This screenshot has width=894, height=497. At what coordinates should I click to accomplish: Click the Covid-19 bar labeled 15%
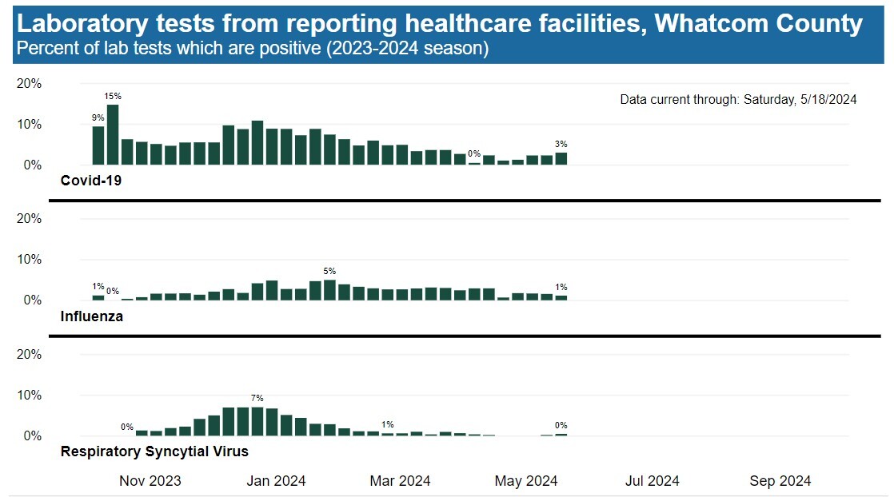113,135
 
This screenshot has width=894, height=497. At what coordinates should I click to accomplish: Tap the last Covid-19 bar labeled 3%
561,158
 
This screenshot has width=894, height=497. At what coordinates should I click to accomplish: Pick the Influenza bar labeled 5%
329,290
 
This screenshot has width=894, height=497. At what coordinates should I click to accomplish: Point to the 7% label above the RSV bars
257,398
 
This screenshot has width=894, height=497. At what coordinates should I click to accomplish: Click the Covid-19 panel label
90,181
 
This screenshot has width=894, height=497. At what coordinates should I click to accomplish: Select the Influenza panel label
91,316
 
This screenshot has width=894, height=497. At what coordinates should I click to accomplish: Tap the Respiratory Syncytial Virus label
154,451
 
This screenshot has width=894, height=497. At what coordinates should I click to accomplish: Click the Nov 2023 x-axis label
150,481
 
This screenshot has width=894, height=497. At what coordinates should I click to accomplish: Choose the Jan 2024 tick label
275,481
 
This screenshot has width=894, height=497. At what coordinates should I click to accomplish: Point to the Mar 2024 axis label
400,481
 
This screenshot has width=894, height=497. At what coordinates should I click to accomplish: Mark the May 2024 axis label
525,481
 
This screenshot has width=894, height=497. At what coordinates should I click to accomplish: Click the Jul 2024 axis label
653,481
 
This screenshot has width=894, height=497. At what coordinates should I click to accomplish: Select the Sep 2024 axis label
780,481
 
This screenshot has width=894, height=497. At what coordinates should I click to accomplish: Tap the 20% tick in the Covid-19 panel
30,83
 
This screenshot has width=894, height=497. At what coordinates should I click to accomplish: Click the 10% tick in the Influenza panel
30,260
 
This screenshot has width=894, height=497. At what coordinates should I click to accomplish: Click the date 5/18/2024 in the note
828,100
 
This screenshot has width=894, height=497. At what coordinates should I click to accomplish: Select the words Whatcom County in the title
758,23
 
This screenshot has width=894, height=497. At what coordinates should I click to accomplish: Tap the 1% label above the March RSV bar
387,424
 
